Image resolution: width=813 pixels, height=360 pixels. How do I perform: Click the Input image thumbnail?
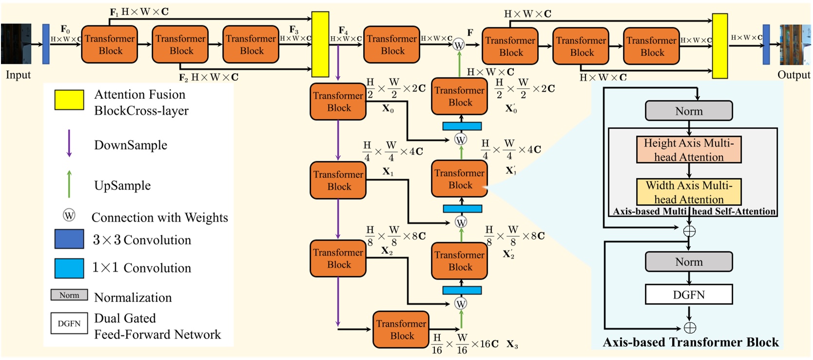(x=16, y=44)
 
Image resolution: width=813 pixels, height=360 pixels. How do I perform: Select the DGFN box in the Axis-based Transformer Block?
(x=689, y=295)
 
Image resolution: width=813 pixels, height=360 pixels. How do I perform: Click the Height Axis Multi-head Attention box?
(x=689, y=150)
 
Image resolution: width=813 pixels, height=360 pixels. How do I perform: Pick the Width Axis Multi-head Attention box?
(x=689, y=192)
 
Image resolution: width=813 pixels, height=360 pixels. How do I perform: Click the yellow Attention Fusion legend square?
(x=69, y=99)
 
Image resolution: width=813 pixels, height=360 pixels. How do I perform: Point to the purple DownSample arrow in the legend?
(x=69, y=143)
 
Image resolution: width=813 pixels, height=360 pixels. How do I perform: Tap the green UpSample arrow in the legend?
(x=69, y=184)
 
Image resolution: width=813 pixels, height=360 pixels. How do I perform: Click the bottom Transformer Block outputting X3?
(x=401, y=330)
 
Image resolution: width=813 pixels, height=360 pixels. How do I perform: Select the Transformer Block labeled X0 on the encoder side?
(x=338, y=102)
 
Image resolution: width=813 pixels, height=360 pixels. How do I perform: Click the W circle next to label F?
(x=459, y=45)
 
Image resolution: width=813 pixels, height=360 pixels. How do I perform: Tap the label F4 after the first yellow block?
(x=343, y=30)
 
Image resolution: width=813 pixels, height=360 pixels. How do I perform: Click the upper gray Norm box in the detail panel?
(x=689, y=111)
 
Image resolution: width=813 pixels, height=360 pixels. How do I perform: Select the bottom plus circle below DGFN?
(x=690, y=327)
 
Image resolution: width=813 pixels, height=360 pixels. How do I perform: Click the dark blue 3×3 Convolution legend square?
(x=69, y=239)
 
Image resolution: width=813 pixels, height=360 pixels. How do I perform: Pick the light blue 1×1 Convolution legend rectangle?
(x=69, y=268)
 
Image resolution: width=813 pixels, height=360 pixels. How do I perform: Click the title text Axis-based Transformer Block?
(x=691, y=342)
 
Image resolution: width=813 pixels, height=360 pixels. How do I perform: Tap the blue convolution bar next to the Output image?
(x=766, y=45)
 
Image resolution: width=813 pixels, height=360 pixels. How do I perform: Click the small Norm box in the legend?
(x=69, y=295)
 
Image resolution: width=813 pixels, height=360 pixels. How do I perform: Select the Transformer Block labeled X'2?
(x=460, y=261)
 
